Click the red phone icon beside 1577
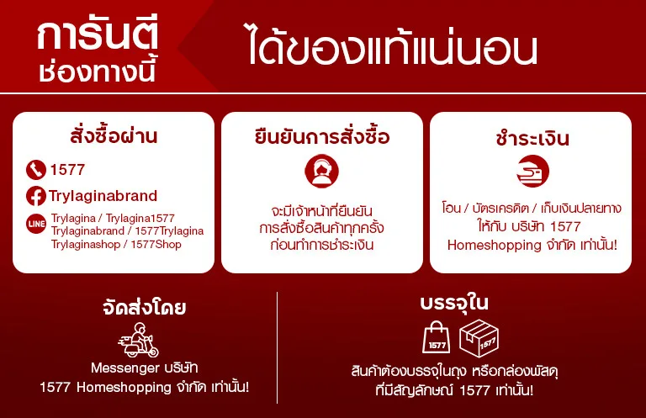36,170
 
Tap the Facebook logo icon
36,196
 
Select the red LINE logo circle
36,224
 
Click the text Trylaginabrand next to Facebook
103,196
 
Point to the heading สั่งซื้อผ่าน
114,135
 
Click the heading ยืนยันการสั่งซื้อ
322,136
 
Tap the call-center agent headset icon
322,171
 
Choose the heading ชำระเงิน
532,138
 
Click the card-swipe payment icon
532,171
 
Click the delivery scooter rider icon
139,340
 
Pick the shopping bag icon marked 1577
437,337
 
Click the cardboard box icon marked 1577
479,338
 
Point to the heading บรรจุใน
454,303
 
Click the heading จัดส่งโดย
144,307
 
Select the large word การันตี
98,36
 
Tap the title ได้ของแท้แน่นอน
393,45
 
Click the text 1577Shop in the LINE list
156,244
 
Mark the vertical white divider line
278,348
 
